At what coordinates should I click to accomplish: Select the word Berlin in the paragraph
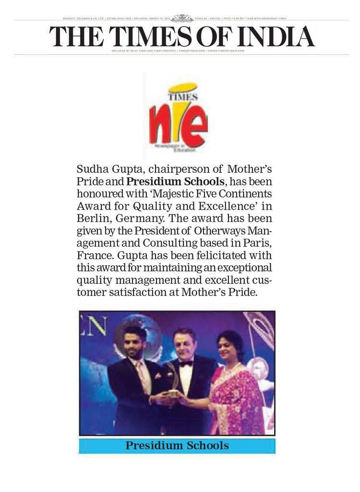click(x=92, y=219)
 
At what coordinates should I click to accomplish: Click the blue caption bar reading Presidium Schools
click(x=177, y=445)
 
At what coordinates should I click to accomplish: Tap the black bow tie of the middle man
click(x=186, y=364)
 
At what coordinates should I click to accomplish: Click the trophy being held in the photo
click(x=172, y=384)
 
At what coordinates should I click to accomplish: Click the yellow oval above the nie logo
click(x=183, y=88)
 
